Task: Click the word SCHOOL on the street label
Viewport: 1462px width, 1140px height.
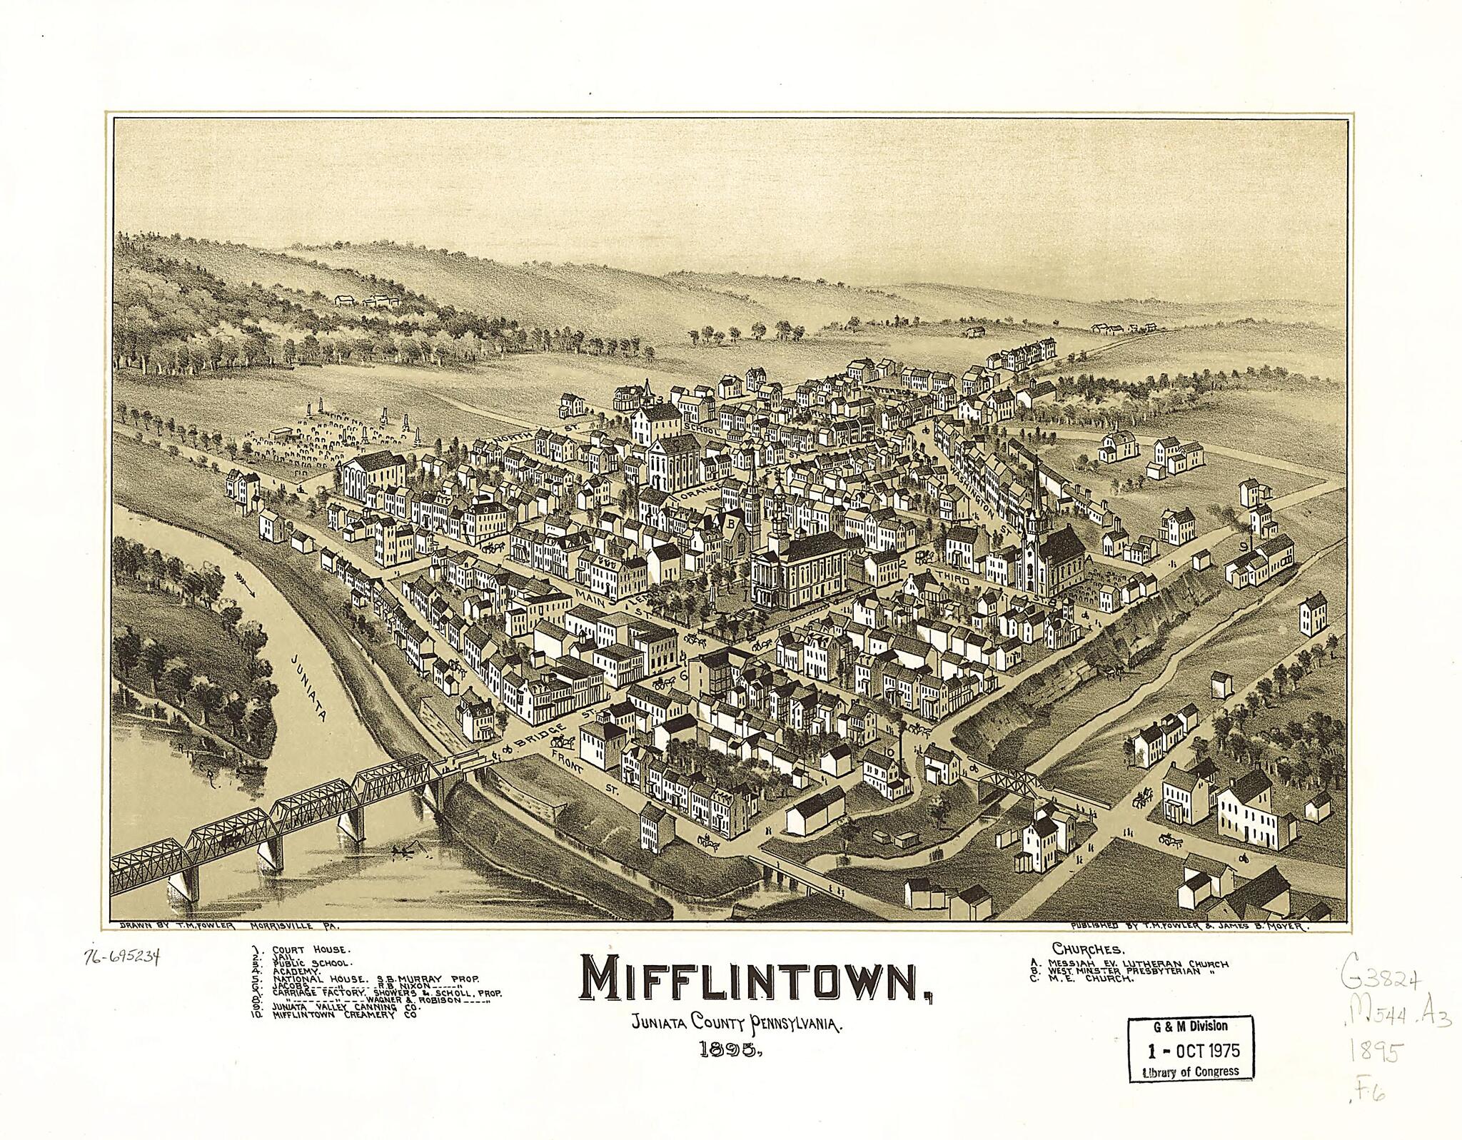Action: click(704, 427)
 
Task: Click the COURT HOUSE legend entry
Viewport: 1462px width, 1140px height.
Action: click(313, 950)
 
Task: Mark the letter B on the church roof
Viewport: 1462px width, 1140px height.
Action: click(731, 523)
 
